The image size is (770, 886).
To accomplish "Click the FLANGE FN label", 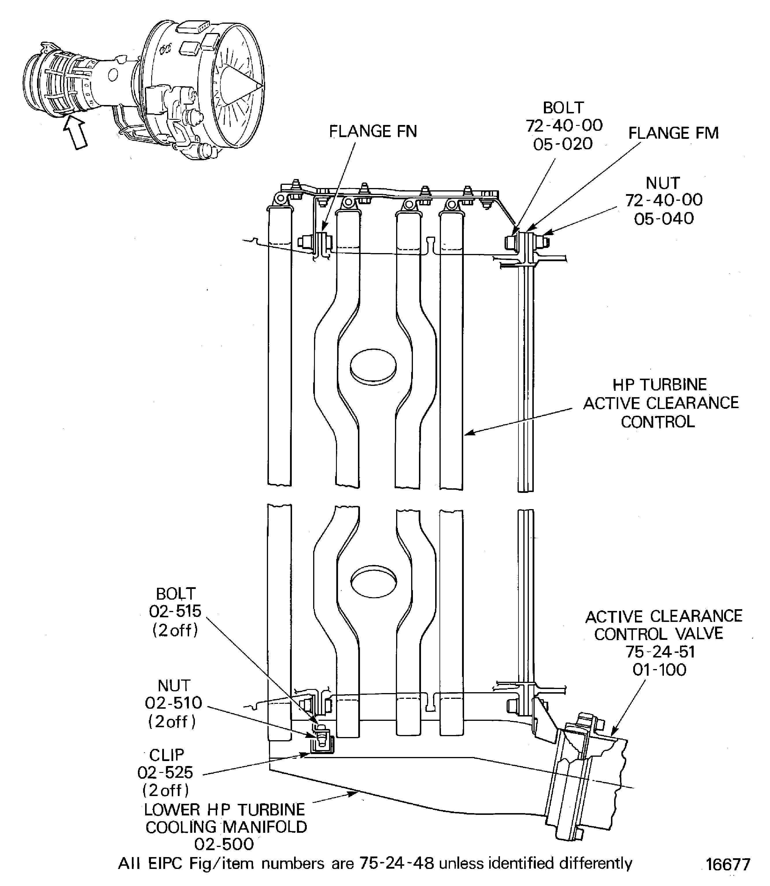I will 373,132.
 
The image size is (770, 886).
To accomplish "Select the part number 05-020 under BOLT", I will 563,144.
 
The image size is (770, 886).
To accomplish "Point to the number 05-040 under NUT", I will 664,219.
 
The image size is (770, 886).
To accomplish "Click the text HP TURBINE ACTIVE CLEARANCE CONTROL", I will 660,403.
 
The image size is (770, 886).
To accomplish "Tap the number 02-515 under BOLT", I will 175,611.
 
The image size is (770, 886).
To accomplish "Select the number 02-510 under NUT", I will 173,703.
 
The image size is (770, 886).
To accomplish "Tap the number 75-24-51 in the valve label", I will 660,652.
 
